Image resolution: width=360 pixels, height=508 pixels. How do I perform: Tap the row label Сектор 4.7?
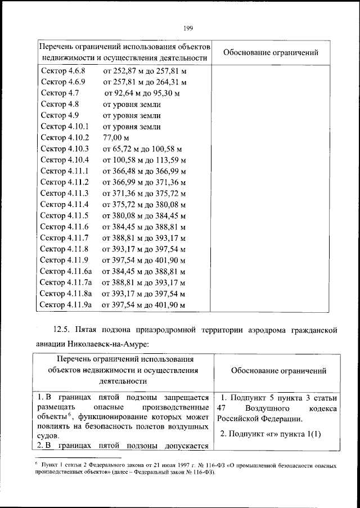coord(60,93)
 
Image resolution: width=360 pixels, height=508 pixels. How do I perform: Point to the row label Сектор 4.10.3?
coord(65,149)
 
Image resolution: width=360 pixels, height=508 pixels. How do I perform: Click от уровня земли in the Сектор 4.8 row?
coord(131,105)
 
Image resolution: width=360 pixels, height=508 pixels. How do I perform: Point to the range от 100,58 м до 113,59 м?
coord(143,160)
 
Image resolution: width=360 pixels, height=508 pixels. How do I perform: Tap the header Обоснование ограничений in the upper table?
coord(271,53)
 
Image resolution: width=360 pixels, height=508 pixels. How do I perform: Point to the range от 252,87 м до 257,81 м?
coord(143,71)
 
